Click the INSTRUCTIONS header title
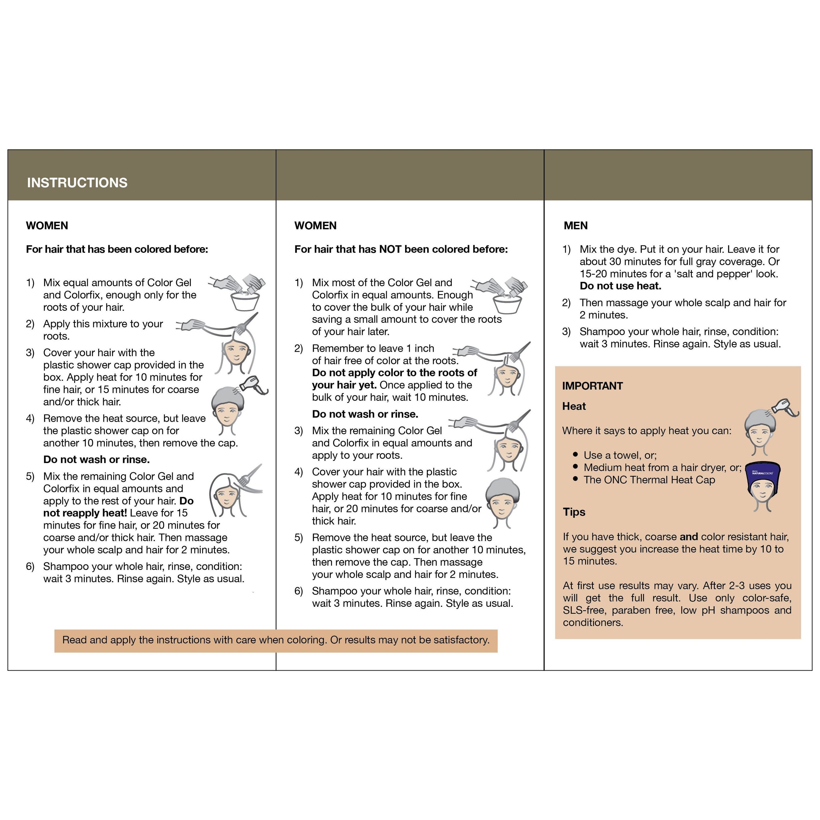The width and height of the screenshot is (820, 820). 77,183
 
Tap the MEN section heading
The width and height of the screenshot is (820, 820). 576,226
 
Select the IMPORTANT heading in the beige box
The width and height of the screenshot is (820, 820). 593,386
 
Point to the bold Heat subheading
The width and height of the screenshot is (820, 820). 574,406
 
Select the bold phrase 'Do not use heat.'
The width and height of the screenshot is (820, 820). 620,286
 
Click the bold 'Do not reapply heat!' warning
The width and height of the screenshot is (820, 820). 118,507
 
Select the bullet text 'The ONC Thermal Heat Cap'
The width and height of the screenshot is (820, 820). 649,480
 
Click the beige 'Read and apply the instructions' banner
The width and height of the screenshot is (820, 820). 276,640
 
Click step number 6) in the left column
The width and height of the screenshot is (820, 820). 30,567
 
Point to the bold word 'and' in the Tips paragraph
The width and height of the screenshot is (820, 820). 689,537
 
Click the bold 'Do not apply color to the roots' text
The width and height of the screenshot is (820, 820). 394,373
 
